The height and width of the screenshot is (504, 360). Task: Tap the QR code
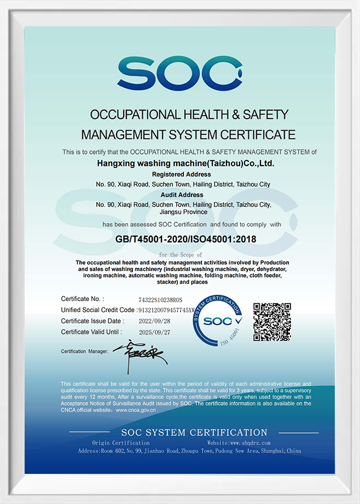(272, 321)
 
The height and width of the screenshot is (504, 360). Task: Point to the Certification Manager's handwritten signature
(140, 353)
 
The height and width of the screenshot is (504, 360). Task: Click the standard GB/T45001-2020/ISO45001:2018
(186, 239)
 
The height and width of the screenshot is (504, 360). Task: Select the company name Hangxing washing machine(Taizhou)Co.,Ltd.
(185, 163)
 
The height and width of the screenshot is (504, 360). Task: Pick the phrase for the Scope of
(181, 255)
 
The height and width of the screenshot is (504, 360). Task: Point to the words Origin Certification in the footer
(121, 443)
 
